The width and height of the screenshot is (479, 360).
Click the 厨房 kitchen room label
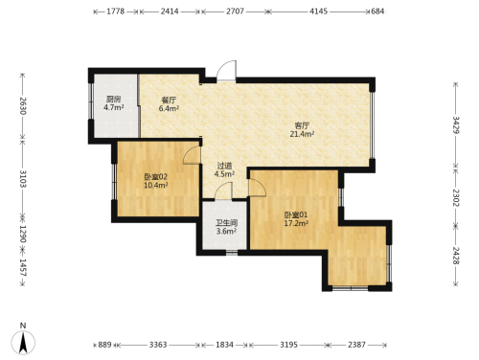tap(113, 99)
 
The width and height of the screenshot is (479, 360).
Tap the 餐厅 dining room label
tap(169, 101)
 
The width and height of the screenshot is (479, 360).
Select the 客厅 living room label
tap(302, 125)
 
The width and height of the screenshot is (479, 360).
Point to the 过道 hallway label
tap(224, 166)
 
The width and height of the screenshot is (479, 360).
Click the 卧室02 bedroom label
tap(156, 177)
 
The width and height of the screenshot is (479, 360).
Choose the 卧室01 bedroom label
tap(296, 214)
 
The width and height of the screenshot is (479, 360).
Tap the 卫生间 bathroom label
tap(226, 222)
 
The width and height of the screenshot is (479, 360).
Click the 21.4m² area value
tap(302, 134)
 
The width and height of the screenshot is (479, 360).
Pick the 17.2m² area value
tap(296, 223)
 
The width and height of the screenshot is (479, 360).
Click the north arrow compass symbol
tap(23, 343)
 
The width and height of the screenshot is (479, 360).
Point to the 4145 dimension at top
tap(318, 11)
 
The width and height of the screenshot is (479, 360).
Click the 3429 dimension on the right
tap(456, 125)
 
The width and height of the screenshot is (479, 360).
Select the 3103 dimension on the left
tap(23, 179)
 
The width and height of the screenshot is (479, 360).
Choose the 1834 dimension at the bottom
tap(224, 345)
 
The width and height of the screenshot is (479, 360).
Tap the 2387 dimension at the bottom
tap(356, 345)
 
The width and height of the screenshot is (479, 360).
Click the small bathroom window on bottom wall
tap(232, 253)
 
